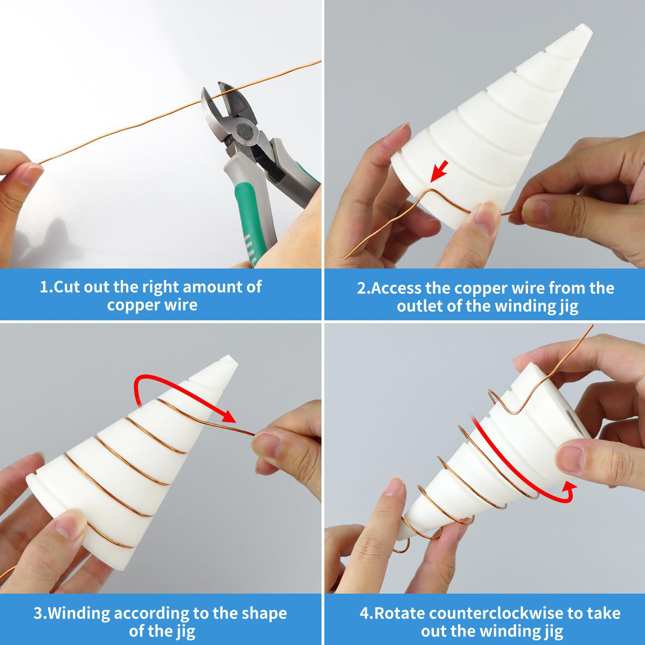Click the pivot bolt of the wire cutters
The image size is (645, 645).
(244, 131)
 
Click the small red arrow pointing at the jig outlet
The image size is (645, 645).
(439, 171)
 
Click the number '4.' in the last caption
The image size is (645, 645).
(366, 613)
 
